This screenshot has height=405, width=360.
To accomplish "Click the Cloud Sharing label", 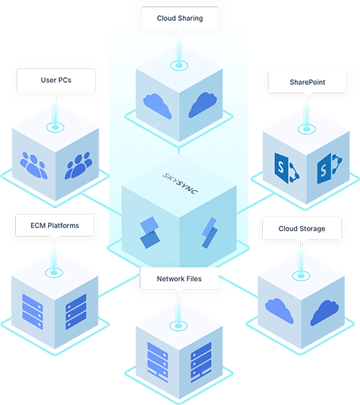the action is tap(180, 18).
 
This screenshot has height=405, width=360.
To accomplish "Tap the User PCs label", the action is tap(56, 80).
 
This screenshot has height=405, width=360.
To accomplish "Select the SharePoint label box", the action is tap(307, 82).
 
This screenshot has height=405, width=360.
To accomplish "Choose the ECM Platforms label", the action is tap(55, 225).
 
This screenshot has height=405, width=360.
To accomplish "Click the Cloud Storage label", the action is tap(302, 229).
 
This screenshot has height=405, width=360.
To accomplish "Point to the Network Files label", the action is tap(179, 279).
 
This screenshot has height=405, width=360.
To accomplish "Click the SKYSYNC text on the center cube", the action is tap(180, 183).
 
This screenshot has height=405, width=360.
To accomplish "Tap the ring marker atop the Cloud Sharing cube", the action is tap(179, 65).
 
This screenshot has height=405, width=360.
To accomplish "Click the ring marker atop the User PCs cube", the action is tap(55, 127).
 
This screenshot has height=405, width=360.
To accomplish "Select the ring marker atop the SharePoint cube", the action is tap(307, 129).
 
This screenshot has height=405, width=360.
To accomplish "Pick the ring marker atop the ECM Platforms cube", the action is tap(54, 273).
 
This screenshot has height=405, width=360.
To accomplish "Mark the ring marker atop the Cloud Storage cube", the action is tap(301, 276).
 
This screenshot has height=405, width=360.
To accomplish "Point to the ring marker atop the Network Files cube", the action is tap(179, 326).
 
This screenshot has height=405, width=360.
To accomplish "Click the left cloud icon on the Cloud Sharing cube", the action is tap(157, 106).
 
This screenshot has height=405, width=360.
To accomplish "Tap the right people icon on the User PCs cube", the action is tap(78, 165).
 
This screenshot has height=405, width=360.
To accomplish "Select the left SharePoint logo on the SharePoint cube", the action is tap(287, 168).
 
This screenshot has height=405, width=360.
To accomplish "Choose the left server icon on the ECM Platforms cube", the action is tap(32, 311).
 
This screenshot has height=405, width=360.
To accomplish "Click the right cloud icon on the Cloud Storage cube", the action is tap(325, 312).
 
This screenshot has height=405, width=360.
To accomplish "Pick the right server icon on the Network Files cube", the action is tap(201, 362).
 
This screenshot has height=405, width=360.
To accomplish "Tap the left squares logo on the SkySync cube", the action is tap(150, 232).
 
